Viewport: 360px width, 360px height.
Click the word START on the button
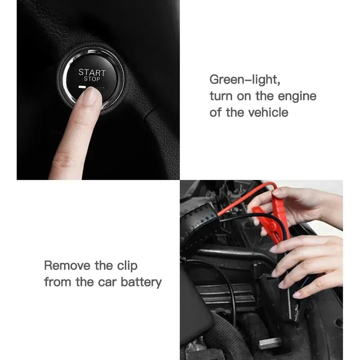click(x=92, y=72)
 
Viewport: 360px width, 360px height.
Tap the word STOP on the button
click(x=92, y=79)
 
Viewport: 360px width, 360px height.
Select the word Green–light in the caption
click(x=245, y=81)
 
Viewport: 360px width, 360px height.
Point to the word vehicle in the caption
click(x=268, y=112)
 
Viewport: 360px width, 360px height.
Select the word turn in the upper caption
click(x=220, y=96)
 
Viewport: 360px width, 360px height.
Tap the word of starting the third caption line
click(x=216, y=112)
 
